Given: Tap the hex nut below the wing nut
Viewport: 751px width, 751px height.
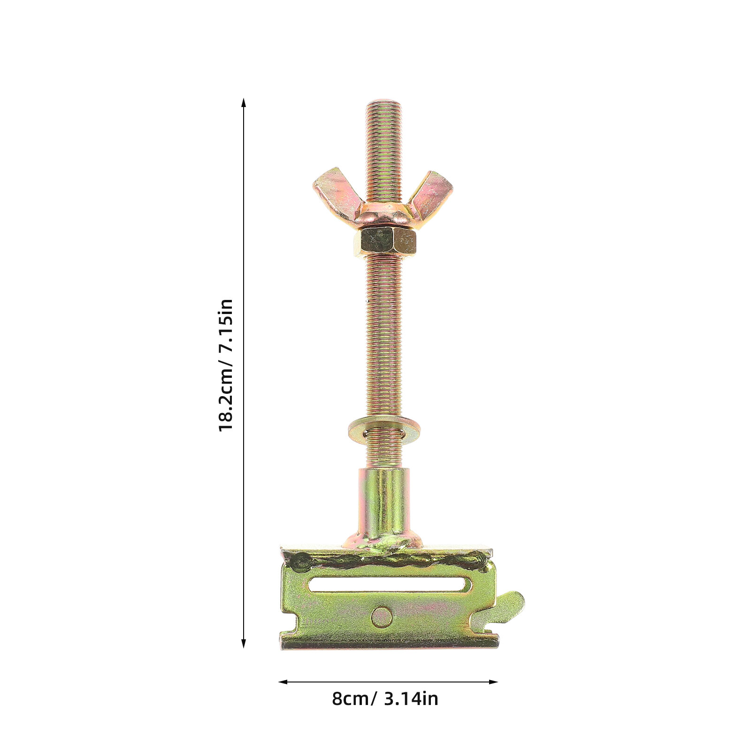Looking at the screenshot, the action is (385, 242).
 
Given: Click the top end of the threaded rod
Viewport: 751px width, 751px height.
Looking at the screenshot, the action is (384, 101).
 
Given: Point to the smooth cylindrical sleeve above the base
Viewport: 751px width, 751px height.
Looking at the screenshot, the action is (384, 505).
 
